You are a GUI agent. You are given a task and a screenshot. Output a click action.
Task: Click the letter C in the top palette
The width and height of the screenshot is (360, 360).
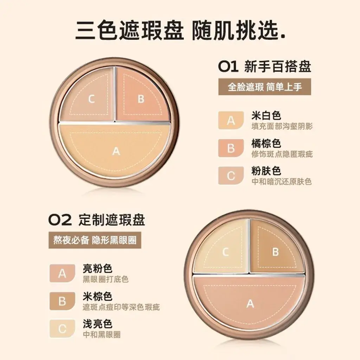(x=91, y=99)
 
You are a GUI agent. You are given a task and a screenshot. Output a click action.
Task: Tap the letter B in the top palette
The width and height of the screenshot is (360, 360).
(x=141, y=99)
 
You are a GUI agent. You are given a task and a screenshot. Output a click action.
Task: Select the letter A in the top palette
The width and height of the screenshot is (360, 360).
(x=116, y=151)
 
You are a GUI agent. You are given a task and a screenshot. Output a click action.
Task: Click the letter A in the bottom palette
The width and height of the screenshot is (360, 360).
(x=250, y=304)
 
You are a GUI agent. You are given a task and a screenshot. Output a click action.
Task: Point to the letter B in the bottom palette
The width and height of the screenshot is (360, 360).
(x=275, y=252)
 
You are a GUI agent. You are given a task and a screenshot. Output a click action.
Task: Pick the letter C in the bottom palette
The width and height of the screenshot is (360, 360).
(x=225, y=252)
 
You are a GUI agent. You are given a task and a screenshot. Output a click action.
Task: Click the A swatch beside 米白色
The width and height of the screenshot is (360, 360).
(x=231, y=120)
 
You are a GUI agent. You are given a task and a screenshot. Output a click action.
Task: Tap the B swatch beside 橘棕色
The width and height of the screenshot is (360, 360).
(x=231, y=148)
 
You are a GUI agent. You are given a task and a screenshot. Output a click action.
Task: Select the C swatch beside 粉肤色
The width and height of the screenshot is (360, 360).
(x=231, y=176)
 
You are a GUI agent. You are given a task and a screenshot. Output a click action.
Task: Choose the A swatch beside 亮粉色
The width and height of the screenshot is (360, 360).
(x=62, y=274)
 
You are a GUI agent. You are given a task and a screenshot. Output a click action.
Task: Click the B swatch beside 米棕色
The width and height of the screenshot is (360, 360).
(x=62, y=301)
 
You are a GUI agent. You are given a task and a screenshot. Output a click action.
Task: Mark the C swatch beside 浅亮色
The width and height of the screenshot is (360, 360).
(x=62, y=329)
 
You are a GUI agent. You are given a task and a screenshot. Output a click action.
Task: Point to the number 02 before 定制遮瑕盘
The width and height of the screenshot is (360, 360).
(x=60, y=220)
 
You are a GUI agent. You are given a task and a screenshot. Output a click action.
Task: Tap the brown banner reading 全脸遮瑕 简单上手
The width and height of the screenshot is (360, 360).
(x=265, y=87)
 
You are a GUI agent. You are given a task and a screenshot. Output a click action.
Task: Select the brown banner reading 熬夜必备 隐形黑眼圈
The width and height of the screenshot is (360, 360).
(x=95, y=240)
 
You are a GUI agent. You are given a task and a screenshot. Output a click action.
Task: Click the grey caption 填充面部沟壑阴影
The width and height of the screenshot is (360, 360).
(x=282, y=126)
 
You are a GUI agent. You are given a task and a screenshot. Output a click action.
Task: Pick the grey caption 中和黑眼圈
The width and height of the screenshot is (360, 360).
(x=102, y=335)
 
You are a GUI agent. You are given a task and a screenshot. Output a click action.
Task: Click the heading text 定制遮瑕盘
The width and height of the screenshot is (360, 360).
(x=112, y=220)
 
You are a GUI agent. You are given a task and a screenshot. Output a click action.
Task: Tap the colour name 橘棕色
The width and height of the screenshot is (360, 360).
(x=266, y=143)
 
